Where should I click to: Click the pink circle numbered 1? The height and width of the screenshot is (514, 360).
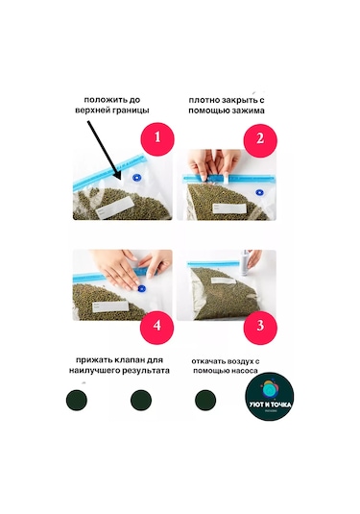158,137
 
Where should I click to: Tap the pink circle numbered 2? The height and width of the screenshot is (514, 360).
257,137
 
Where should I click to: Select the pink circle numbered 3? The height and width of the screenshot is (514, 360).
257,326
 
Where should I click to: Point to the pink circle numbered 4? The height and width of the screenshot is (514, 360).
158,326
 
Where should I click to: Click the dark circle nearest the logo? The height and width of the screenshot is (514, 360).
204,400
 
